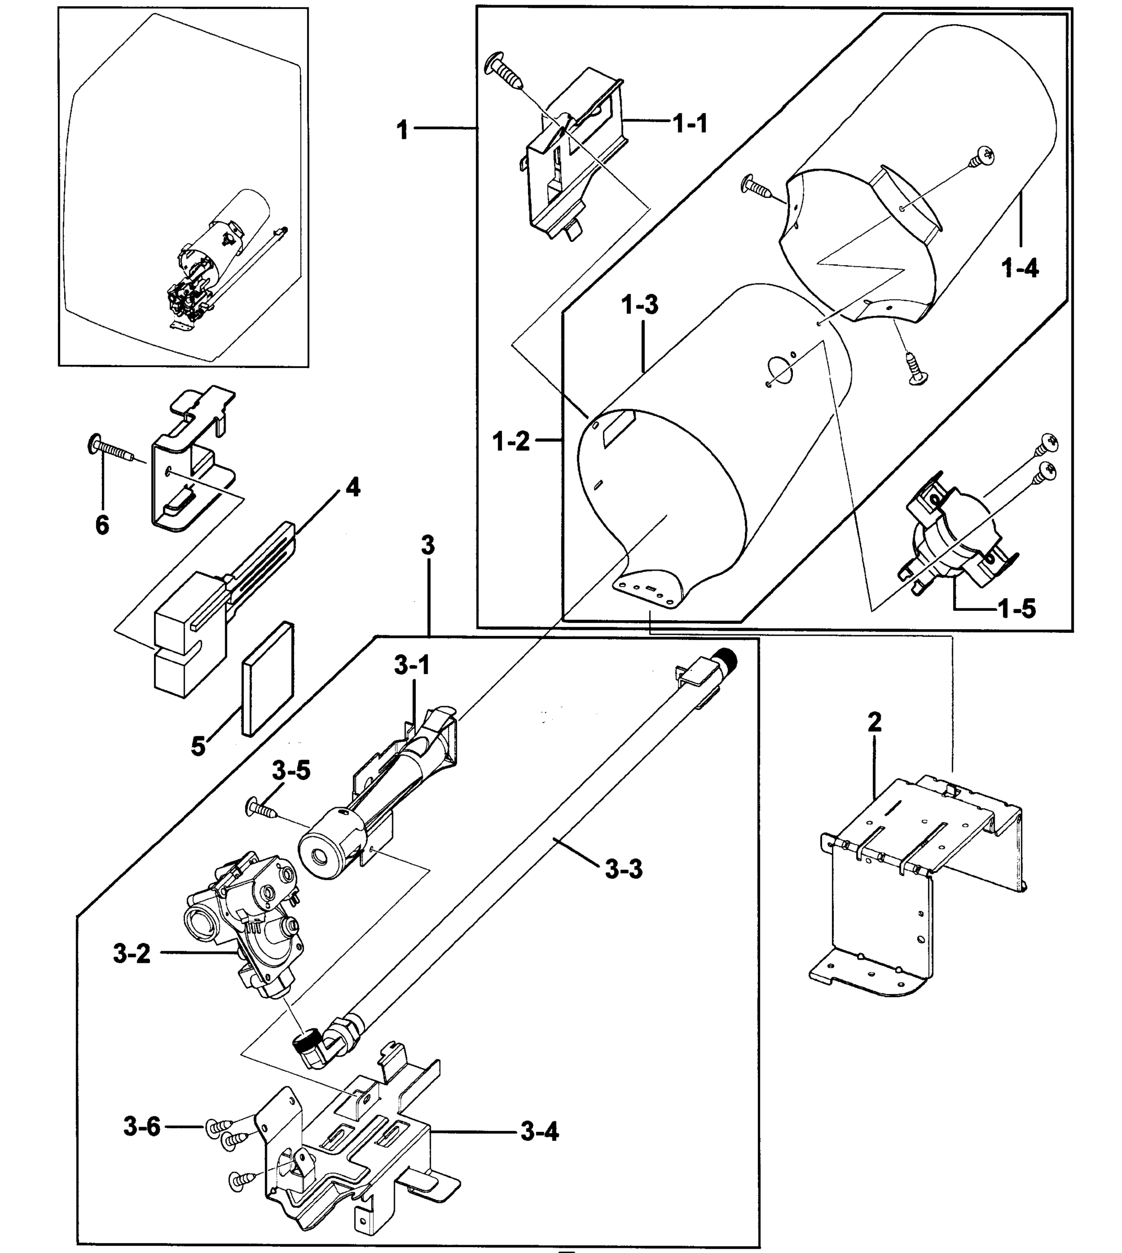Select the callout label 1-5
tap(1016, 609)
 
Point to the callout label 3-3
tap(623, 869)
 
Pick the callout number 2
tap(874, 722)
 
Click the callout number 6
tap(102, 525)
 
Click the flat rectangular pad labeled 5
tap(267, 678)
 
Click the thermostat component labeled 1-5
tap(950, 536)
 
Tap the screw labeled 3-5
tap(263, 808)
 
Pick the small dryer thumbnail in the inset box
tap(222, 259)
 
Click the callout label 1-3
tap(639, 304)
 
